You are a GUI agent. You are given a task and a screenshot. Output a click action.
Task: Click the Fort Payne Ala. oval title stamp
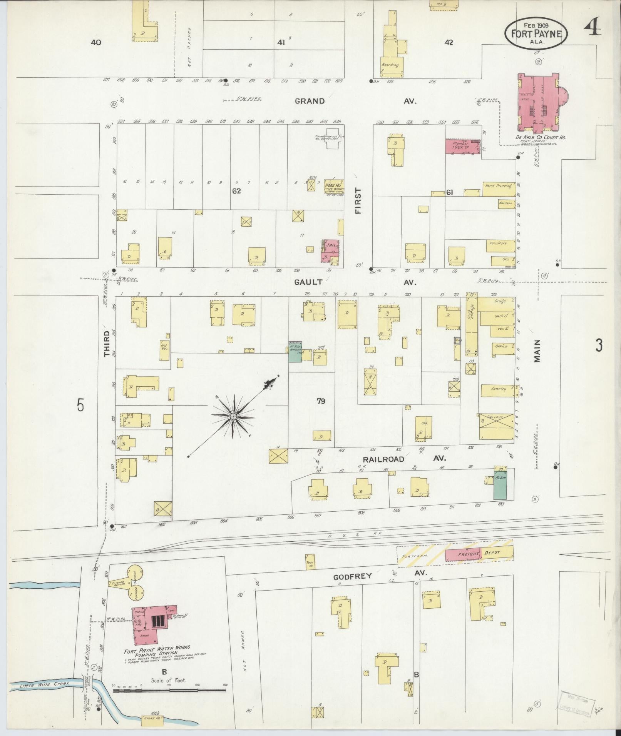tap(536, 33)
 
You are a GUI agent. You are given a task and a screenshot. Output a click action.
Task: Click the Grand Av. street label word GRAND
tap(310, 101)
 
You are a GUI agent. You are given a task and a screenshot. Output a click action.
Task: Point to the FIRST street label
tap(358, 200)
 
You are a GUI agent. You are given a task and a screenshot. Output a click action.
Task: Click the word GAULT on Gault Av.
tap(308, 282)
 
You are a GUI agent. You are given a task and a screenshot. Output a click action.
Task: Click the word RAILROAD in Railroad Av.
tap(383, 459)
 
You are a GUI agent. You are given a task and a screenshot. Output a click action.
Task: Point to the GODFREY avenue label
tap(352, 587)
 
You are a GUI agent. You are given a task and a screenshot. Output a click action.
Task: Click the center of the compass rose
tap(233, 417)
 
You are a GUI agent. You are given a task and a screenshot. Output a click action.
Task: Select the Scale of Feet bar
tap(169, 690)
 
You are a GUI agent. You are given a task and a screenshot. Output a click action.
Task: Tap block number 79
tap(321, 401)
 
